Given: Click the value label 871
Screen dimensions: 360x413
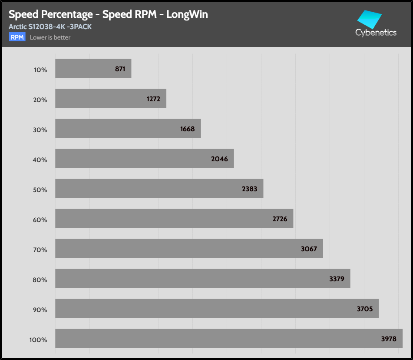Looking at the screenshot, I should point(120,69).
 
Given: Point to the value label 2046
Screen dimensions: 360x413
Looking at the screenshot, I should point(219,159).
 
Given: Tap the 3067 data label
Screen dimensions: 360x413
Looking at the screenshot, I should point(308,249).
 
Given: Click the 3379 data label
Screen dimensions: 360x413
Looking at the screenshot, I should point(337,279).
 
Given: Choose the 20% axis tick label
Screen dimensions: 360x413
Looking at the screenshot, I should point(40,100).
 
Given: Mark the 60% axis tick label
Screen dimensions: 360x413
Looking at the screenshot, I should point(40,220).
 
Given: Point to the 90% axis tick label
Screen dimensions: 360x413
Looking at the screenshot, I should point(40,310).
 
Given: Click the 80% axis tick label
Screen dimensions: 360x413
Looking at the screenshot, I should point(40,280).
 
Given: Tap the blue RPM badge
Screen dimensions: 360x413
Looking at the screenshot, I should point(17,37).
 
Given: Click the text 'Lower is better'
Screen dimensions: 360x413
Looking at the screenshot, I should point(50,37).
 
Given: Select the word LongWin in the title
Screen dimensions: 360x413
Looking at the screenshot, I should point(187,14).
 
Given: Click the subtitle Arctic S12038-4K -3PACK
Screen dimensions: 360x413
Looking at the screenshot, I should point(50,27).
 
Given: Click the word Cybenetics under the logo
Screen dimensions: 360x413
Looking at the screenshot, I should point(376,33).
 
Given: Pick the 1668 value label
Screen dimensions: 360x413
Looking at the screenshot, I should point(188,129).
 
